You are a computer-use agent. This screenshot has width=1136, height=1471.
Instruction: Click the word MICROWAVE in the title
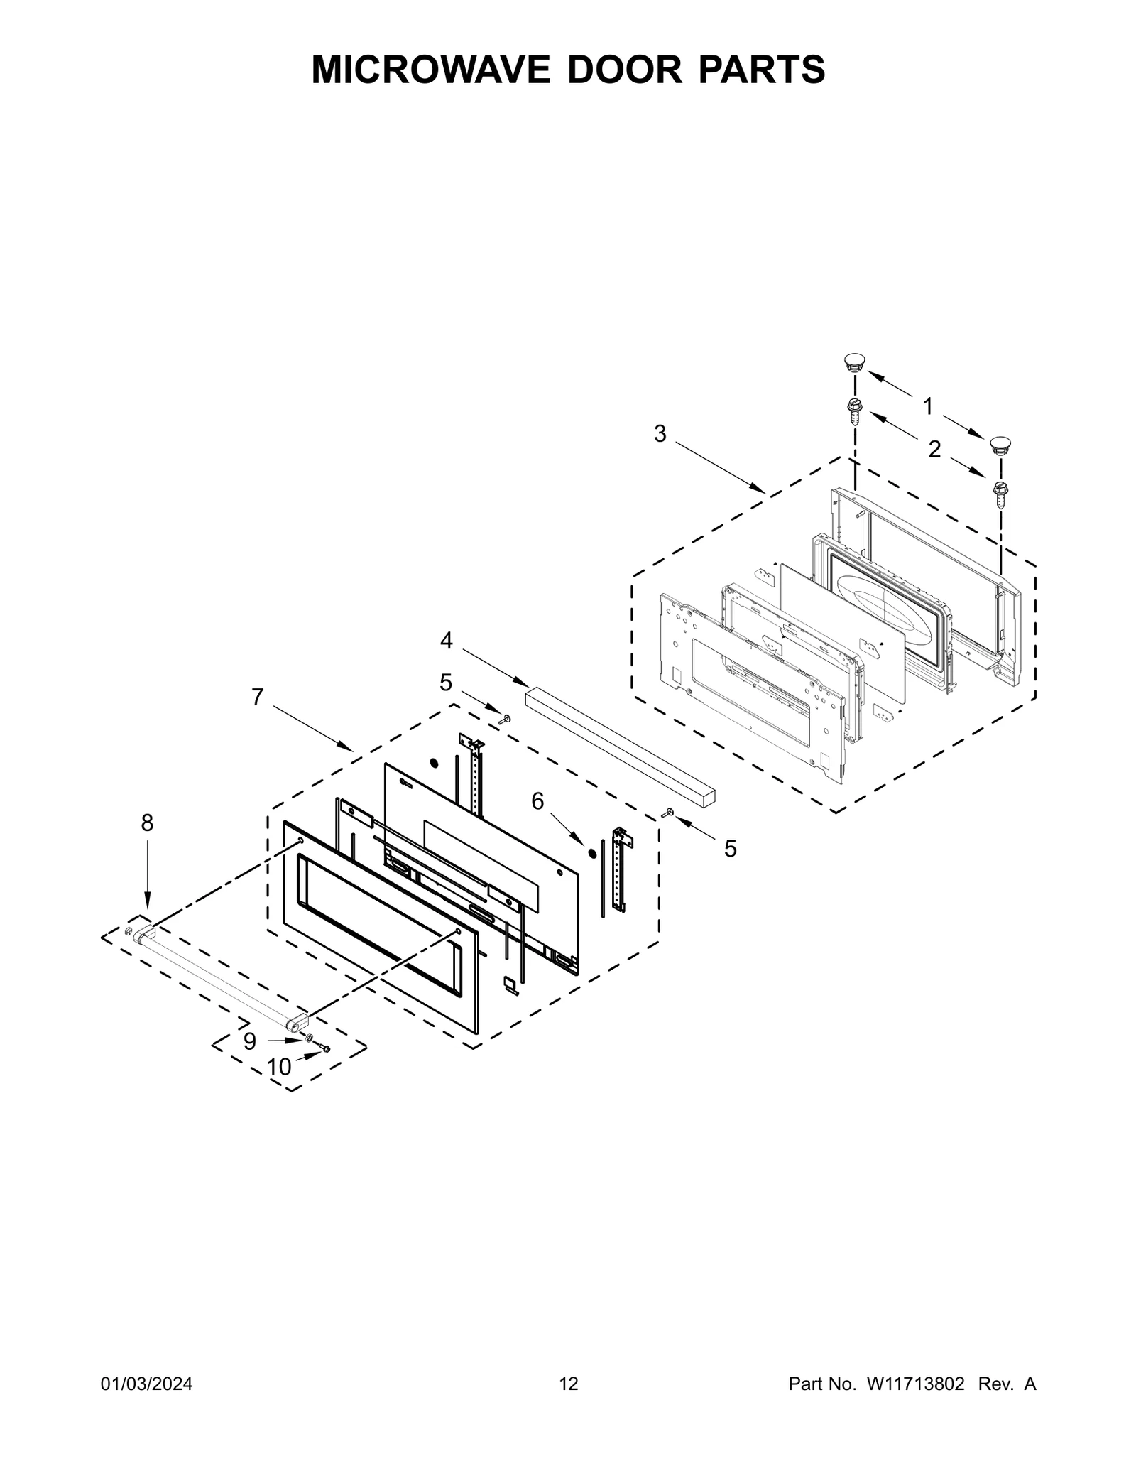click(x=430, y=69)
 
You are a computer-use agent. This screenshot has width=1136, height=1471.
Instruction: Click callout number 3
click(x=660, y=434)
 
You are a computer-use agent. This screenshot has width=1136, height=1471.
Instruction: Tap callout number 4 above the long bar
click(x=446, y=641)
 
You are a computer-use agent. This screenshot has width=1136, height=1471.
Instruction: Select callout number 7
click(x=257, y=697)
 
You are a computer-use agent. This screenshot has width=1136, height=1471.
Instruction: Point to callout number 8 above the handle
click(x=147, y=823)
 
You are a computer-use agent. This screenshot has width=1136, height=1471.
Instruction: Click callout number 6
click(x=537, y=801)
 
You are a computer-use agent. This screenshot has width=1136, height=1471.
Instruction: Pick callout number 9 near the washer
click(x=249, y=1041)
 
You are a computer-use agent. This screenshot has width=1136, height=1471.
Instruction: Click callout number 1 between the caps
click(x=927, y=406)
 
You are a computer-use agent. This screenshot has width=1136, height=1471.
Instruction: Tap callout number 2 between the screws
click(x=934, y=449)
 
